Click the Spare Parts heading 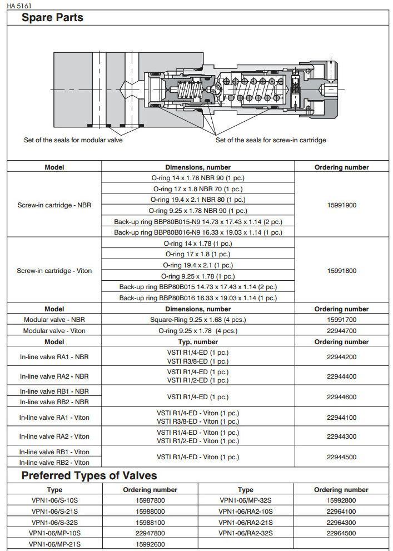[x=52, y=18]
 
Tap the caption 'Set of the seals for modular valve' [x=73, y=140]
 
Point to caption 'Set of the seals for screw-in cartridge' [x=271, y=140]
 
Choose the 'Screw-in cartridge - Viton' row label [x=54, y=271]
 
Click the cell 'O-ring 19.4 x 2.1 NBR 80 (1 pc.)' [x=198, y=200]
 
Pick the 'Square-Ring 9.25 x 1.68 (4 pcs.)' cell [x=198, y=320]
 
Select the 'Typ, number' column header [x=198, y=342]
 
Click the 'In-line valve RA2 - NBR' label [x=54, y=376]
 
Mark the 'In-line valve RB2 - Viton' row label [x=54, y=462]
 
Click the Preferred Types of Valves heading [x=89, y=476]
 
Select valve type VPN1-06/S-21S [x=54, y=512]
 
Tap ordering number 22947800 [x=150, y=533]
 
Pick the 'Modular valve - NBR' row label [x=54, y=320]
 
